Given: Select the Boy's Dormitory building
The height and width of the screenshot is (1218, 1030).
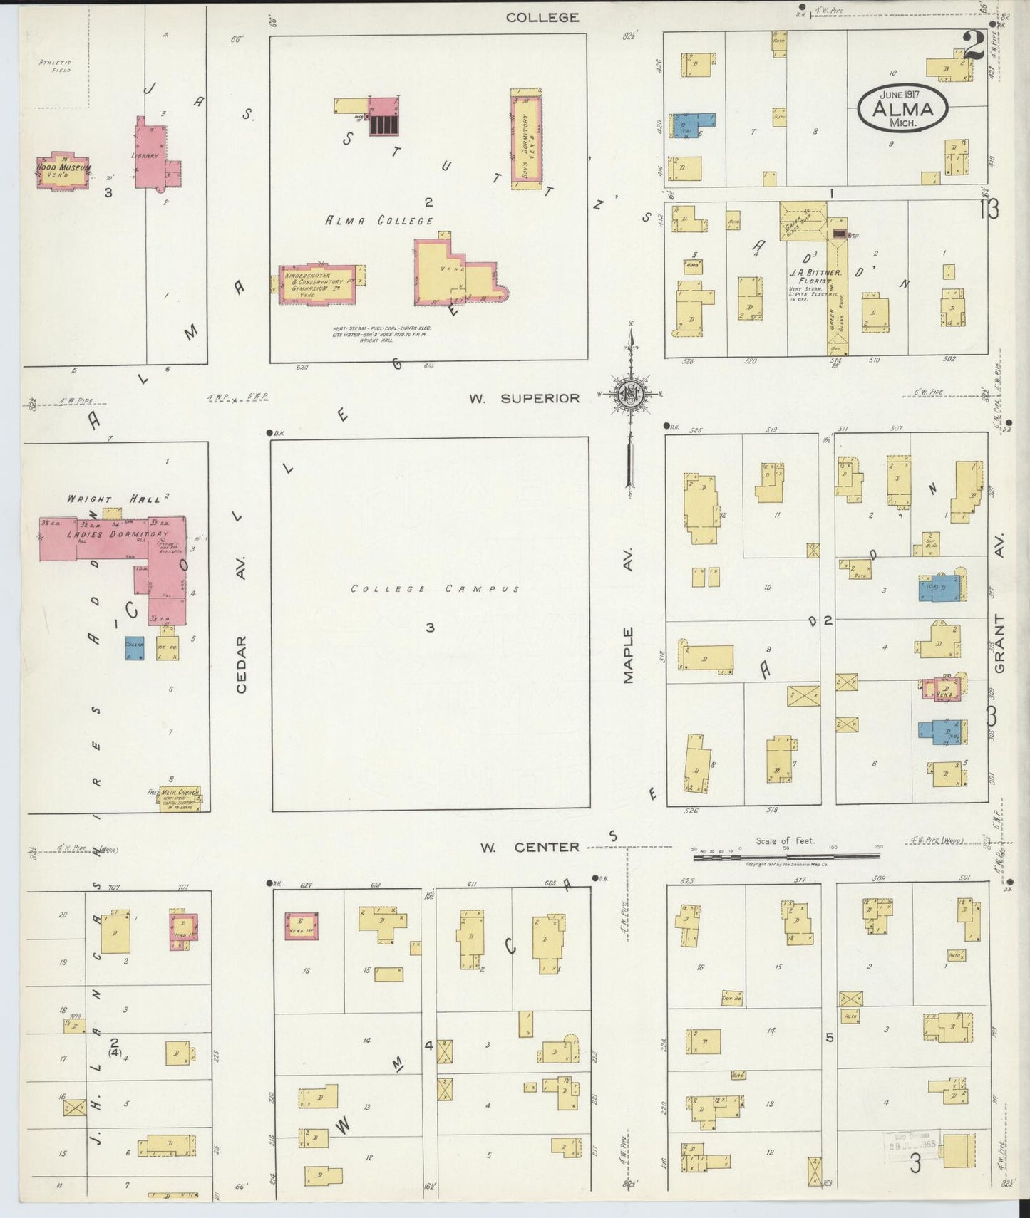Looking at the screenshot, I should pyautogui.click(x=526, y=139).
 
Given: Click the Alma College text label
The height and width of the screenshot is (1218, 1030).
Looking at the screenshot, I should pyautogui.click(x=379, y=221).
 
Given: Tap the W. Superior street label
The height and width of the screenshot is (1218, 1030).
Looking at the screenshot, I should pyautogui.click(x=524, y=398).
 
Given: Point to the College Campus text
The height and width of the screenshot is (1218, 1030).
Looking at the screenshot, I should pyautogui.click(x=435, y=589).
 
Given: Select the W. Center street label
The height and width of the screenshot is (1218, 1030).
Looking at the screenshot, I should pyautogui.click(x=529, y=847).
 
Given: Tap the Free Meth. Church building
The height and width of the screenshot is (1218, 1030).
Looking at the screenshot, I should pyautogui.click(x=179, y=798).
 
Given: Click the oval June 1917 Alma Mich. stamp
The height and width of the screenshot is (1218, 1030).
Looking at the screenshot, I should pyautogui.click(x=902, y=108).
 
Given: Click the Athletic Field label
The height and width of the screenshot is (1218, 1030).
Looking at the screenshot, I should pyautogui.click(x=54, y=66).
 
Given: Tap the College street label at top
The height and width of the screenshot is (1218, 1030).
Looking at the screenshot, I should pyautogui.click(x=542, y=17).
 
